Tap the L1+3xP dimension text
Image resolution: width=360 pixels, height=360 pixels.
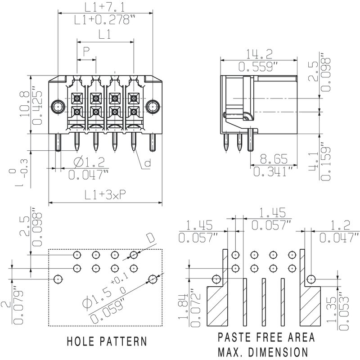(x=105, y=194)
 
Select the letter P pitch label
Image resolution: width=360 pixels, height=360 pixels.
(x=86, y=50)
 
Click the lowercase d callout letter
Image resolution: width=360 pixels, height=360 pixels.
(x=147, y=164)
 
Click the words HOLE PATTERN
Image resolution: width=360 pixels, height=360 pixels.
(x=107, y=341)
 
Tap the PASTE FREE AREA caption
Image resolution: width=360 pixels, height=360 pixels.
(x=266, y=337)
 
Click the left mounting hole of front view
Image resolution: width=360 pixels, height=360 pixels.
(x=57, y=107)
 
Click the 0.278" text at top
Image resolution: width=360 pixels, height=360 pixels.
(x=105, y=20)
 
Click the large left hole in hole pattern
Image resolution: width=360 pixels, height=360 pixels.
(x=57, y=279)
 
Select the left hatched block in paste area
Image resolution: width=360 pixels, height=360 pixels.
(x=217, y=306)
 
